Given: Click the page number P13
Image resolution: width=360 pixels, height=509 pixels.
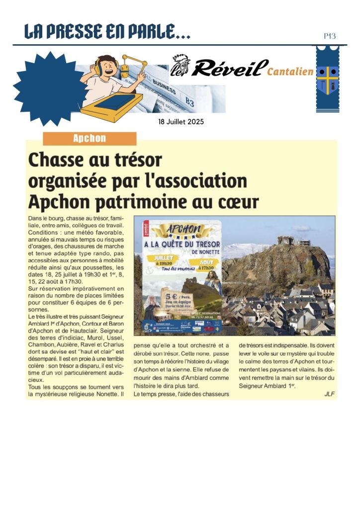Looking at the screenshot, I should point(330,36).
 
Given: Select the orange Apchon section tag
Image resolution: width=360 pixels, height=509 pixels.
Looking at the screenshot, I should point(90,139).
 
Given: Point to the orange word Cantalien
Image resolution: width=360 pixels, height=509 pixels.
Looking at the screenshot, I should point(290,72).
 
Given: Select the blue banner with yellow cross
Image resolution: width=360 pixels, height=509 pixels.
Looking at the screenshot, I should point(327,79).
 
